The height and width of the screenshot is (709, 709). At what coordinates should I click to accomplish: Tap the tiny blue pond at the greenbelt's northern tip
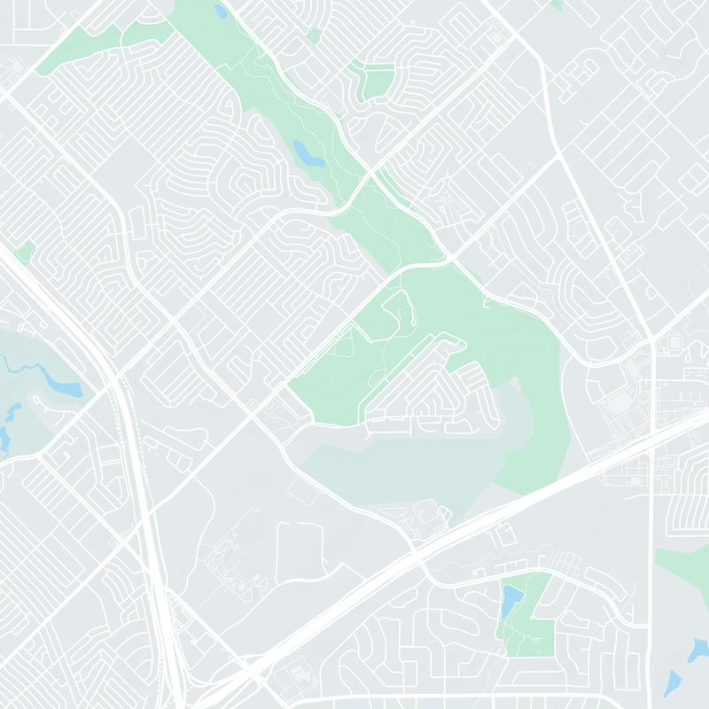click(x=221, y=12)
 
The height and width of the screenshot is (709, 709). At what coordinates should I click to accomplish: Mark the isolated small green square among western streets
click(x=25, y=251)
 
